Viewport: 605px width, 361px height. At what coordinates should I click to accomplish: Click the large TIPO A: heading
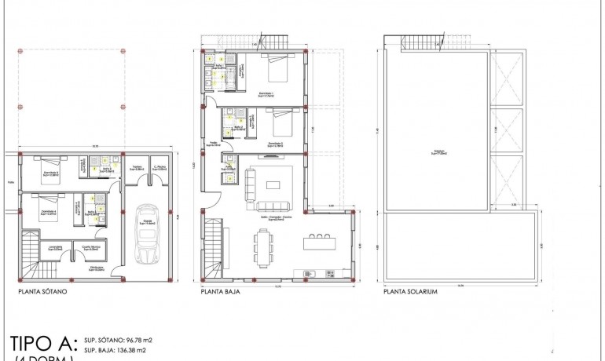tap(44, 344)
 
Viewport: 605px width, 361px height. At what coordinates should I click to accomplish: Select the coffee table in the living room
tap(273, 185)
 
